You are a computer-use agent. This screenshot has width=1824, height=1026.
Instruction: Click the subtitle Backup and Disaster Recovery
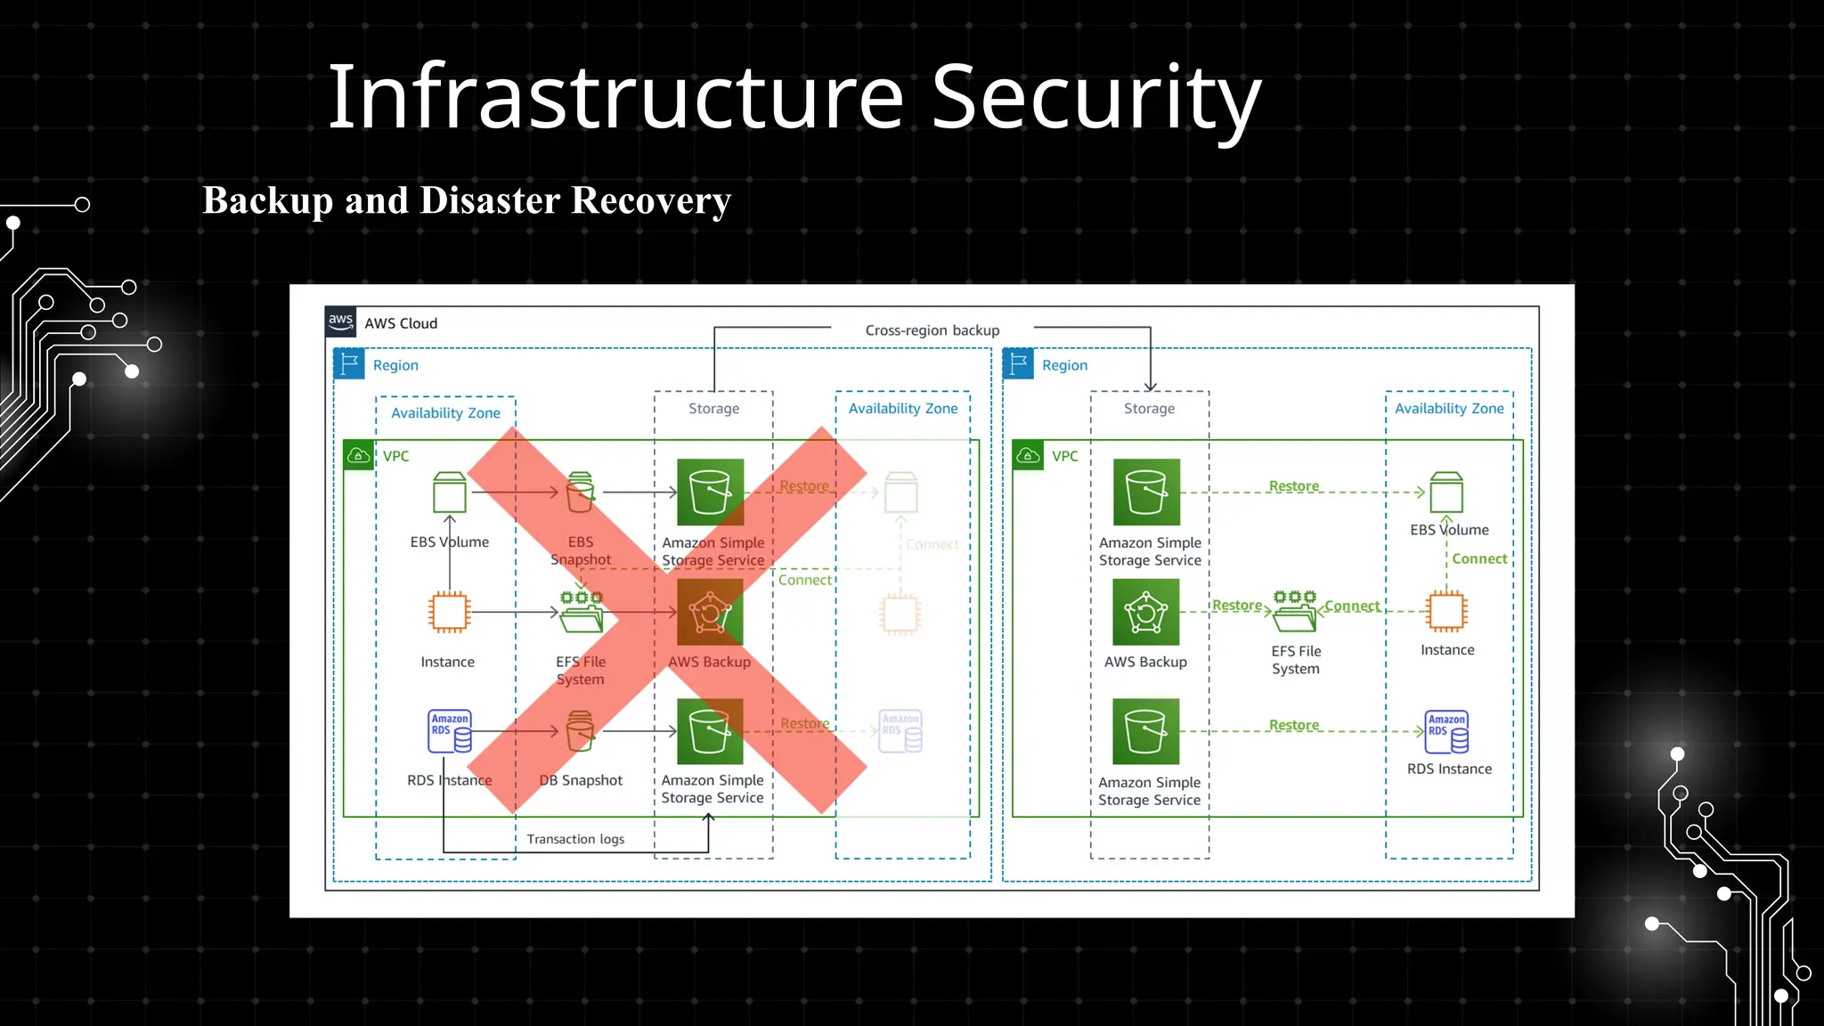pyautogui.click(x=467, y=200)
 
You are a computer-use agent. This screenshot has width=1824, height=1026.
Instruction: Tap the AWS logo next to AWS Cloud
pyautogui.click(x=341, y=322)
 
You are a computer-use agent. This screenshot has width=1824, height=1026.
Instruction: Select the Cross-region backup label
pyautogui.click(x=932, y=330)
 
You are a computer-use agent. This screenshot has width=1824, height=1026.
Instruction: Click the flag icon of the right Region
pyautogui.click(x=1018, y=364)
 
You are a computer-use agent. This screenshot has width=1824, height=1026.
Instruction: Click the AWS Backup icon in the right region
pyautogui.click(x=1146, y=613)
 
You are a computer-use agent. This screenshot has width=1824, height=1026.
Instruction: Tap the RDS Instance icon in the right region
pyautogui.click(x=1447, y=731)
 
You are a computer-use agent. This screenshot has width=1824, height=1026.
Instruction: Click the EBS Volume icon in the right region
pyautogui.click(x=1446, y=493)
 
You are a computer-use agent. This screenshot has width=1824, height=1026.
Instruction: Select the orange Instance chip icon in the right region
pyautogui.click(x=1446, y=612)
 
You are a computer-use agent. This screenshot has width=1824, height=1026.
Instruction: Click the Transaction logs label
pyautogui.click(x=575, y=839)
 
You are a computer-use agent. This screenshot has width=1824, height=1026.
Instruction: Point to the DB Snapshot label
pyautogui.click(x=581, y=780)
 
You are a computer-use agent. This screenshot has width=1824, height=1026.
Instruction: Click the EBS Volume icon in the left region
pyautogui.click(x=450, y=493)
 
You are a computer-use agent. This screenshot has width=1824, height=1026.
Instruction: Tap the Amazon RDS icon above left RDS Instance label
pyautogui.click(x=450, y=731)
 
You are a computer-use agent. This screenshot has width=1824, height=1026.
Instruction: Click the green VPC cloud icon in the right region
pyautogui.click(x=1028, y=456)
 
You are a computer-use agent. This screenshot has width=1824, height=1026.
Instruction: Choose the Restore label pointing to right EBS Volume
pyautogui.click(x=1293, y=486)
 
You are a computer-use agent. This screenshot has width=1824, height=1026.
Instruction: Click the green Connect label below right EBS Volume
pyautogui.click(x=1479, y=558)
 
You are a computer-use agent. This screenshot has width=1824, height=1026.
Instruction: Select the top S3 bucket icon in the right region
pyautogui.click(x=1146, y=493)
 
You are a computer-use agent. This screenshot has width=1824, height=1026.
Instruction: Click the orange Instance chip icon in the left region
pyautogui.click(x=449, y=613)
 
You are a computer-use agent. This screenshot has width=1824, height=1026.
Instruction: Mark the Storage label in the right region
pyautogui.click(x=1149, y=409)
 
